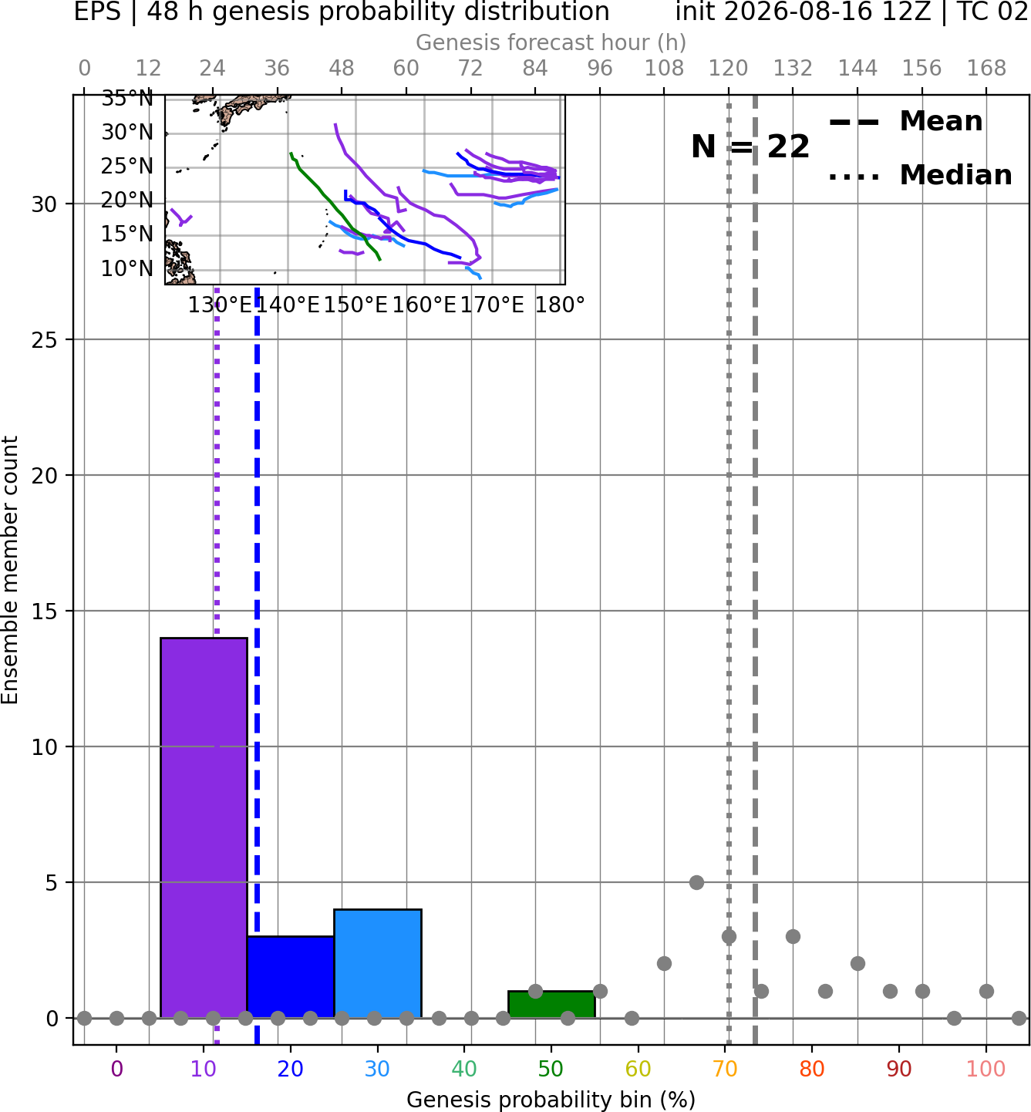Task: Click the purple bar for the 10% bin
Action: click(x=204, y=827)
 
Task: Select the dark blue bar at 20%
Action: click(x=291, y=977)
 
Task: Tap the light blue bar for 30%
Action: click(x=377, y=964)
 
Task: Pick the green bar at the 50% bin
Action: click(x=551, y=1005)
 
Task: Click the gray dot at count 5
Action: click(x=696, y=882)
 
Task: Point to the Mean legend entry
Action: click(x=905, y=122)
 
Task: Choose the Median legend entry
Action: click(x=920, y=175)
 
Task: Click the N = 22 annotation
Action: click(x=750, y=147)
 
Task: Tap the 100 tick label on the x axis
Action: click(x=986, y=1069)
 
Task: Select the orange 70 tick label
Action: click(x=725, y=1069)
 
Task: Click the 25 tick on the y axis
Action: click(x=45, y=340)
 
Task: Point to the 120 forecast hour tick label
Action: click(x=728, y=69)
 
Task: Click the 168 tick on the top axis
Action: click(x=986, y=69)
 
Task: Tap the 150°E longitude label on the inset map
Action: click(x=355, y=305)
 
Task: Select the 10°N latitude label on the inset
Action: click(x=127, y=269)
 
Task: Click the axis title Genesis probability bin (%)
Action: click(x=551, y=1100)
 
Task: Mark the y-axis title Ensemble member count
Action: click(x=10, y=570)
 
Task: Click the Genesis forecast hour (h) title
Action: click(x=551, y=42)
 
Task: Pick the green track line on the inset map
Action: click(x=335, y=206)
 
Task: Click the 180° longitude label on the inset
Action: click(x=560, y=305)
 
